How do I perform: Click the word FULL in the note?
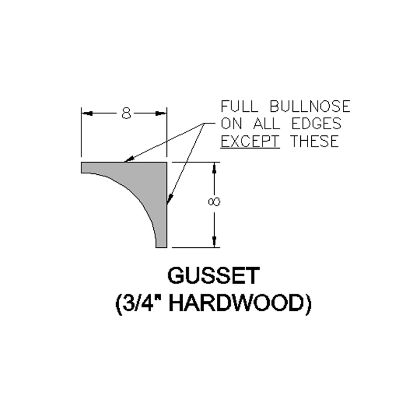click(239, 107)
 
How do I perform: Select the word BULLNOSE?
click(310, 107)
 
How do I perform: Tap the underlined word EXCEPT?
click(250, 141)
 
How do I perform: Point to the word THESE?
click(315, 141)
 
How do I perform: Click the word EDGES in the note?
click(317, 124)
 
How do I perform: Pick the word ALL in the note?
click(267, 124)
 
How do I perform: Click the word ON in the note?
click(232, 124)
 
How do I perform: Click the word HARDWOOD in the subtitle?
click(240, 303)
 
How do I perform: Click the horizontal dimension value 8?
click(126, 113)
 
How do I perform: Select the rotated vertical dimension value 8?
click(214, 202)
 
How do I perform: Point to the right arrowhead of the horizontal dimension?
click(161, 113)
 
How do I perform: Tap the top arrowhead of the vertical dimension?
click(214, 167)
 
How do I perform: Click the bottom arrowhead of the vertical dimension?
click(214, 242)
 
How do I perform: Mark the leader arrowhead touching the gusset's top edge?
click(128, 160)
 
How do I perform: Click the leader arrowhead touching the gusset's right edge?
click(169, 200)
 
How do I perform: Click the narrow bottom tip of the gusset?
click(162, 247)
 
